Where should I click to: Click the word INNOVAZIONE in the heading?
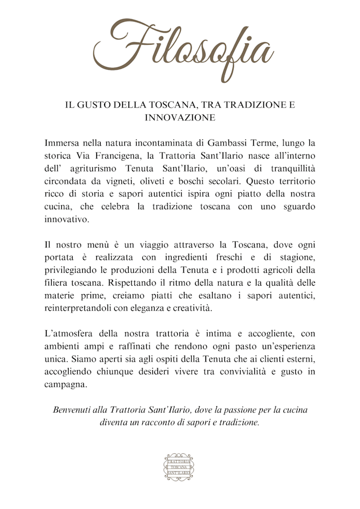pos(180,118)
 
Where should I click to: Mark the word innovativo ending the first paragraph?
pos(67,220)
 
